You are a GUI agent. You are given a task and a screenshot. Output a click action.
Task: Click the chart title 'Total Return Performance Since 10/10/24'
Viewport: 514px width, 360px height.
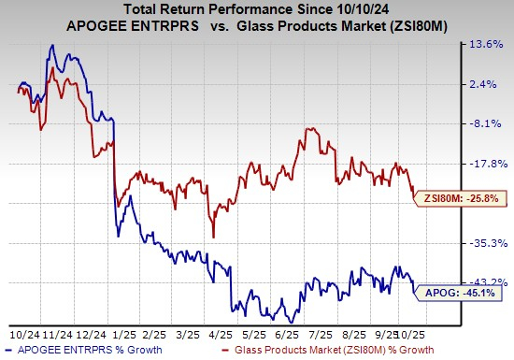[255, 12]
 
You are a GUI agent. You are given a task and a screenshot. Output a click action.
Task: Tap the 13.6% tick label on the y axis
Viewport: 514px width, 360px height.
[485, 45]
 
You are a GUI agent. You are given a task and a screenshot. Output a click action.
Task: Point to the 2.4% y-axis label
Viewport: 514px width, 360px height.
[485, 84]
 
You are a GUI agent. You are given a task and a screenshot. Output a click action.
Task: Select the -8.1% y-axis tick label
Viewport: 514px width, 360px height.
[485, 123]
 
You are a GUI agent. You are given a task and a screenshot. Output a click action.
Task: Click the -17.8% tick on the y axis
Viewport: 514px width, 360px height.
[485, 164]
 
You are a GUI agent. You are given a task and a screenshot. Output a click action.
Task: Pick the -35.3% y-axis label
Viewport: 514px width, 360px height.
[485, 242]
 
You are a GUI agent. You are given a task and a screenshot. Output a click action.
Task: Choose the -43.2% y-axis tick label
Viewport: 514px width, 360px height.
[485, 281]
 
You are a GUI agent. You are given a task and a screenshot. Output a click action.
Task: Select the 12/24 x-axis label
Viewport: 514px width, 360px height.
[91, 333]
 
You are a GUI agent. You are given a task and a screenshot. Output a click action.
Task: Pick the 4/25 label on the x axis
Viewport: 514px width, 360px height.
[222, 333]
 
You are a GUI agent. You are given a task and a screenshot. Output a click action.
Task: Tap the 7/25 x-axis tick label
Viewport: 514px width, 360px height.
[321, 333]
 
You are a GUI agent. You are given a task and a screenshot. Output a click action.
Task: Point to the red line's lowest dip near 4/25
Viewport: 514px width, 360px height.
[214, 237]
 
